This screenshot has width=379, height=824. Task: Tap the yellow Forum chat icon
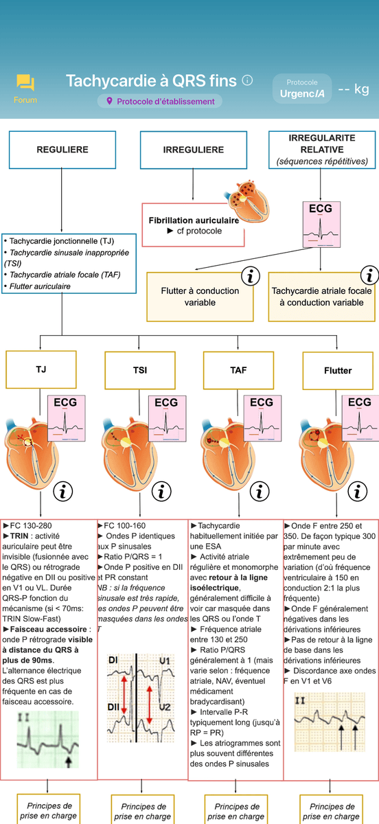click(25, 82)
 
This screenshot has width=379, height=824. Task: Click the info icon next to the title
click(247, 80)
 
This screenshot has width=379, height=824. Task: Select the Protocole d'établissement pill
click(160, 101)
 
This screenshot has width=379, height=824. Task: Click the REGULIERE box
click(62, 150)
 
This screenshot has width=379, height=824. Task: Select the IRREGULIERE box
click(194, 150)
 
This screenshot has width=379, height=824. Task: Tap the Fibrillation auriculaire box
click(194, 225)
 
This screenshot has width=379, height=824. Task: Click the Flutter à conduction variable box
click(200, 297)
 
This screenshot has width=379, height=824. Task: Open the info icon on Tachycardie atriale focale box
click(369, 275)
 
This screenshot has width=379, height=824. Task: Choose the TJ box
click(41, 369)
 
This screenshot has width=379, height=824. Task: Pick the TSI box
click(140, 370)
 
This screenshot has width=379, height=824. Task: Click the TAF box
click(238, 370)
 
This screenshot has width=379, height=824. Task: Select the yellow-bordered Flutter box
click(338, 370)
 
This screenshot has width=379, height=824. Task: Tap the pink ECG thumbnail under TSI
click(168, 418)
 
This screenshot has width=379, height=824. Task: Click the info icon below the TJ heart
click(63, 492)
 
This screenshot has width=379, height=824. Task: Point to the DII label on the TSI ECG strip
click(113, 707)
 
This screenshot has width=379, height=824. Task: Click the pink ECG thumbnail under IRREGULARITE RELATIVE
click(321, 225)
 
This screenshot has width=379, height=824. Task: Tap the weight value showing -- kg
click(353, 89)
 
